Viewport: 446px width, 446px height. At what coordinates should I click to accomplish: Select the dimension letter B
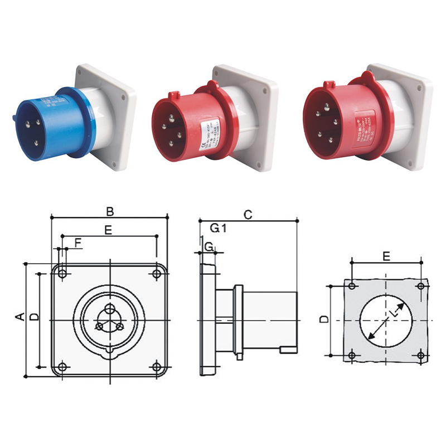[110, 211]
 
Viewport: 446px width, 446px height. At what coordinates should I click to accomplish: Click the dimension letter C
[249, 214]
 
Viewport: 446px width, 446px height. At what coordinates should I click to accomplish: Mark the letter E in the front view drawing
[108, 229]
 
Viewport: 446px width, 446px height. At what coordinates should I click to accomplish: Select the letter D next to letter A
[34, 317]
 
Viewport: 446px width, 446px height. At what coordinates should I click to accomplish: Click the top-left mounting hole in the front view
[63, 273]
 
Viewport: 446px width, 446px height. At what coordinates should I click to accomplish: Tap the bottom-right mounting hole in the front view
[157, 367]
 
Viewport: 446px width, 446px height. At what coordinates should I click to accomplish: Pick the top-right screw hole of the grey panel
[420, 285]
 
